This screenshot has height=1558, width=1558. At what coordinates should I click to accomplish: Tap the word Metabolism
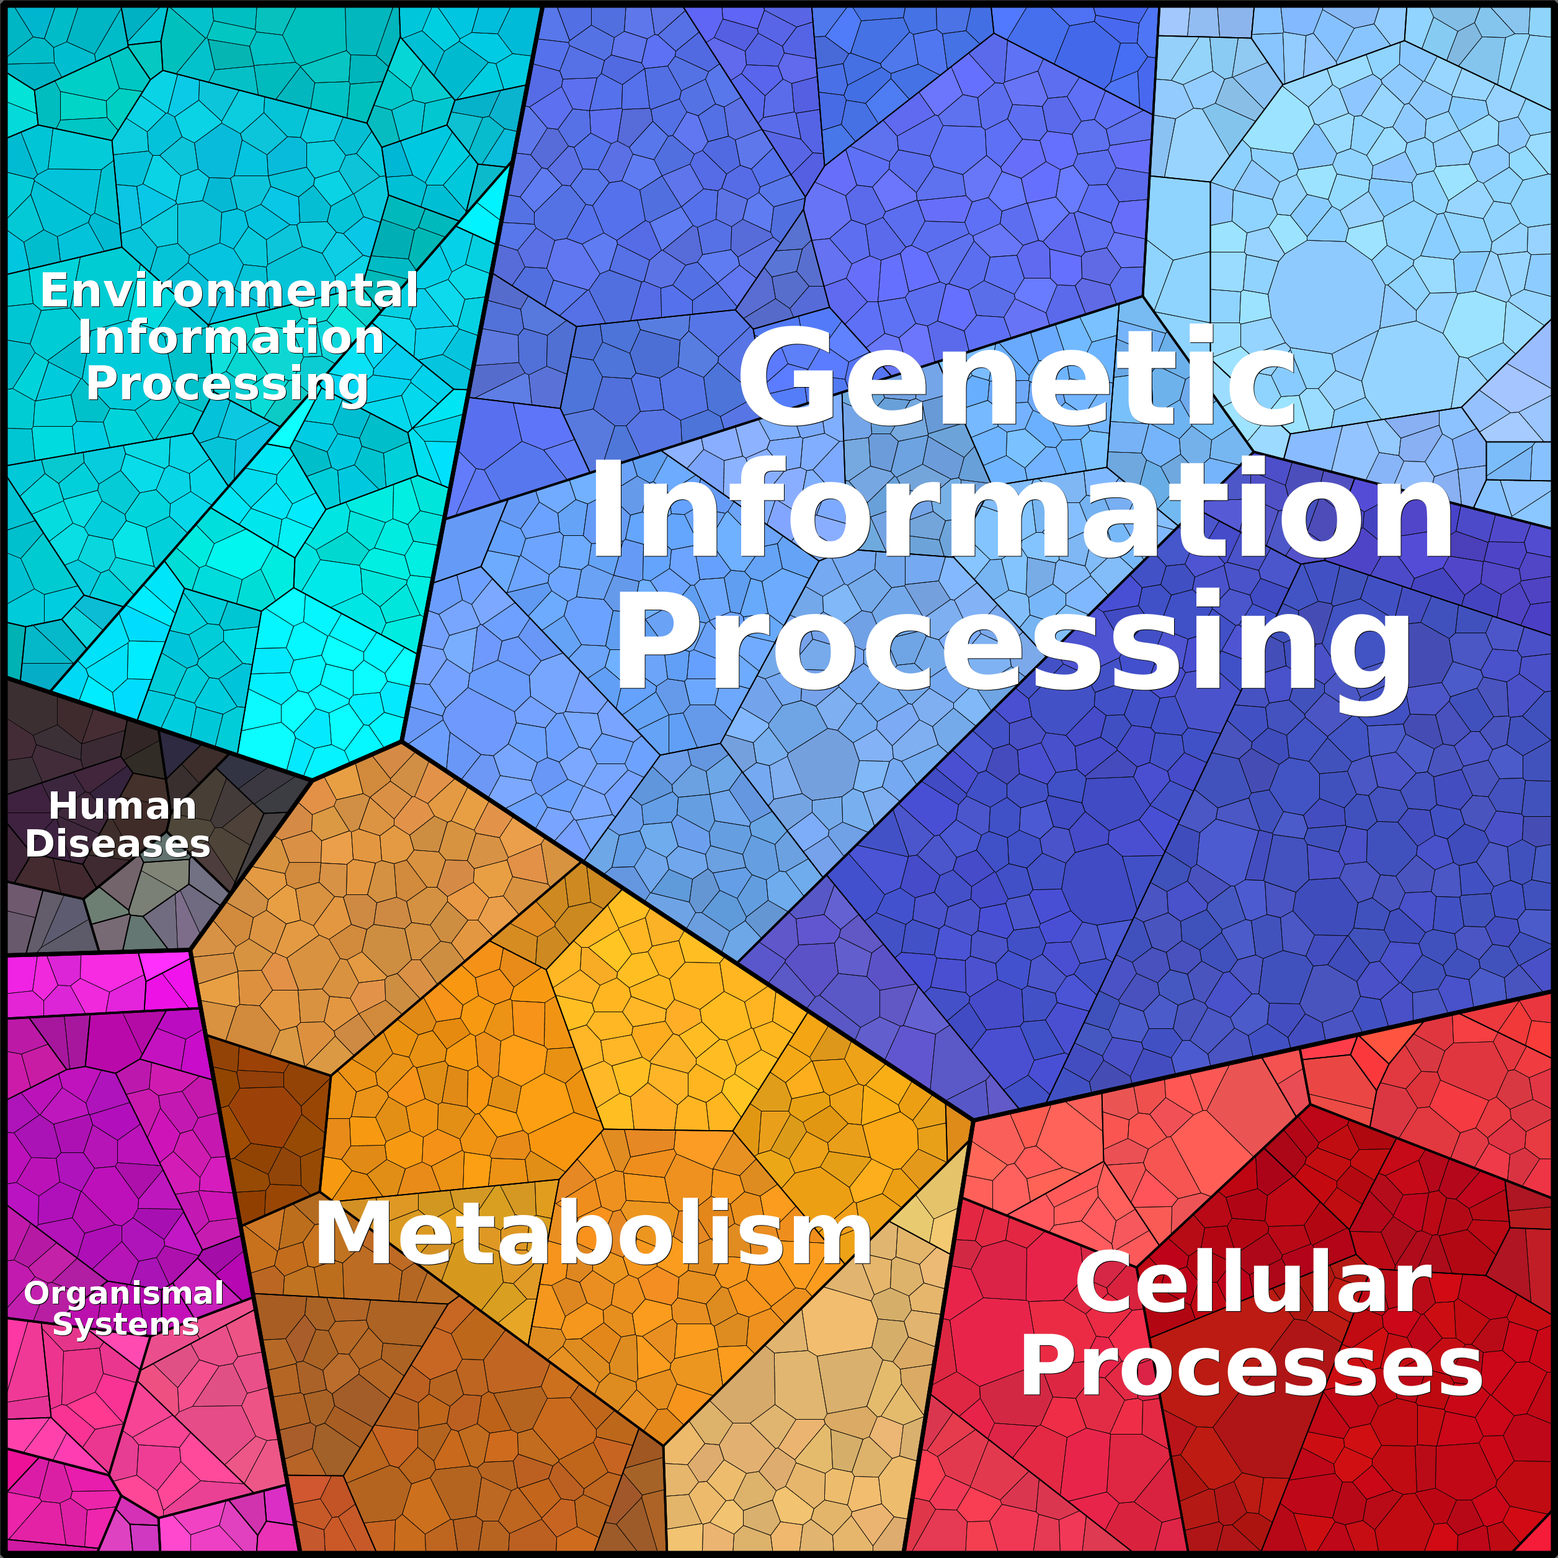pos(594,1234)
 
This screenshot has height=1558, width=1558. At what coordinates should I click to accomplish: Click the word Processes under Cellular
pos(1252,1369)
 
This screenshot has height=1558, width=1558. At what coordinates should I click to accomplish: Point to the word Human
pos(123,806)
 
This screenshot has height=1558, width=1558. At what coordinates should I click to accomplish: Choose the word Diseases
pos(118,844)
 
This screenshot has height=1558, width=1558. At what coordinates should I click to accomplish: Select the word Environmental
pos(229,290)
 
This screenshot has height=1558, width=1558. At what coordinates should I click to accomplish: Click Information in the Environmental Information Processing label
pos(231,337)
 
